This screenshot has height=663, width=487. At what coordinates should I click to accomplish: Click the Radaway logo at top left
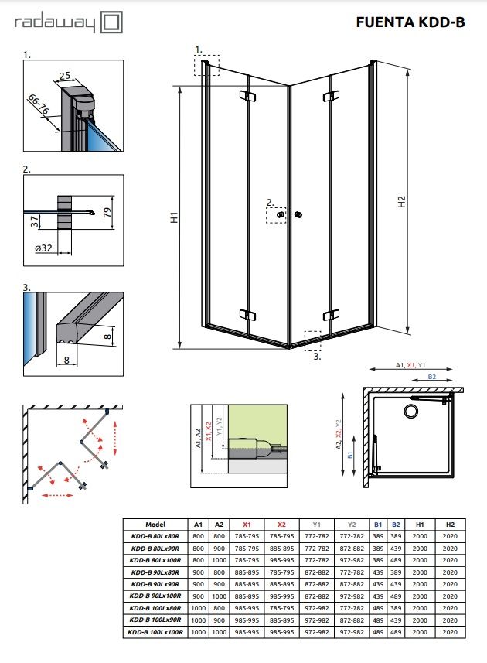coord(68,22)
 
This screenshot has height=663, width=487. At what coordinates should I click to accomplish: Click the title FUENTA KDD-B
coord(410,22)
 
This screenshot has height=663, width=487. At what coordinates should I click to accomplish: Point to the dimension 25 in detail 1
coord(64,77)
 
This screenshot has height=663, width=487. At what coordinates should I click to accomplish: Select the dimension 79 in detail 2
coord(107,209)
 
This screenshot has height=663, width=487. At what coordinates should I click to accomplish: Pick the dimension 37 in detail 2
coord(35,222)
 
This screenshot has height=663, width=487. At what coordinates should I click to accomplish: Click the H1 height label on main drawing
coord(175,218)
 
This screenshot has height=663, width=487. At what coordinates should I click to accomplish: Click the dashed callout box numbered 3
coord(313,341)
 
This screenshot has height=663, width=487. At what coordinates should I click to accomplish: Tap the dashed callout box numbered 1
coord(207,65)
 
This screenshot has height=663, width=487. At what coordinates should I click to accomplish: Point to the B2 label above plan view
coord(432,377)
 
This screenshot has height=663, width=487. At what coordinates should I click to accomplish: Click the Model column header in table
coord(155,524)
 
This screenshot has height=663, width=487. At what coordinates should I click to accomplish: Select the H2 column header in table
coord(451,524)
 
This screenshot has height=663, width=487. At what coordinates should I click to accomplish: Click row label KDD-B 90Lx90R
coord(155,583)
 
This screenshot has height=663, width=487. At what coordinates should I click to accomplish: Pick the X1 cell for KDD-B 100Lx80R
coord(247,608)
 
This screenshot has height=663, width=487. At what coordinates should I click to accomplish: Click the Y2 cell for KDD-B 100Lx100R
coord(352,633)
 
